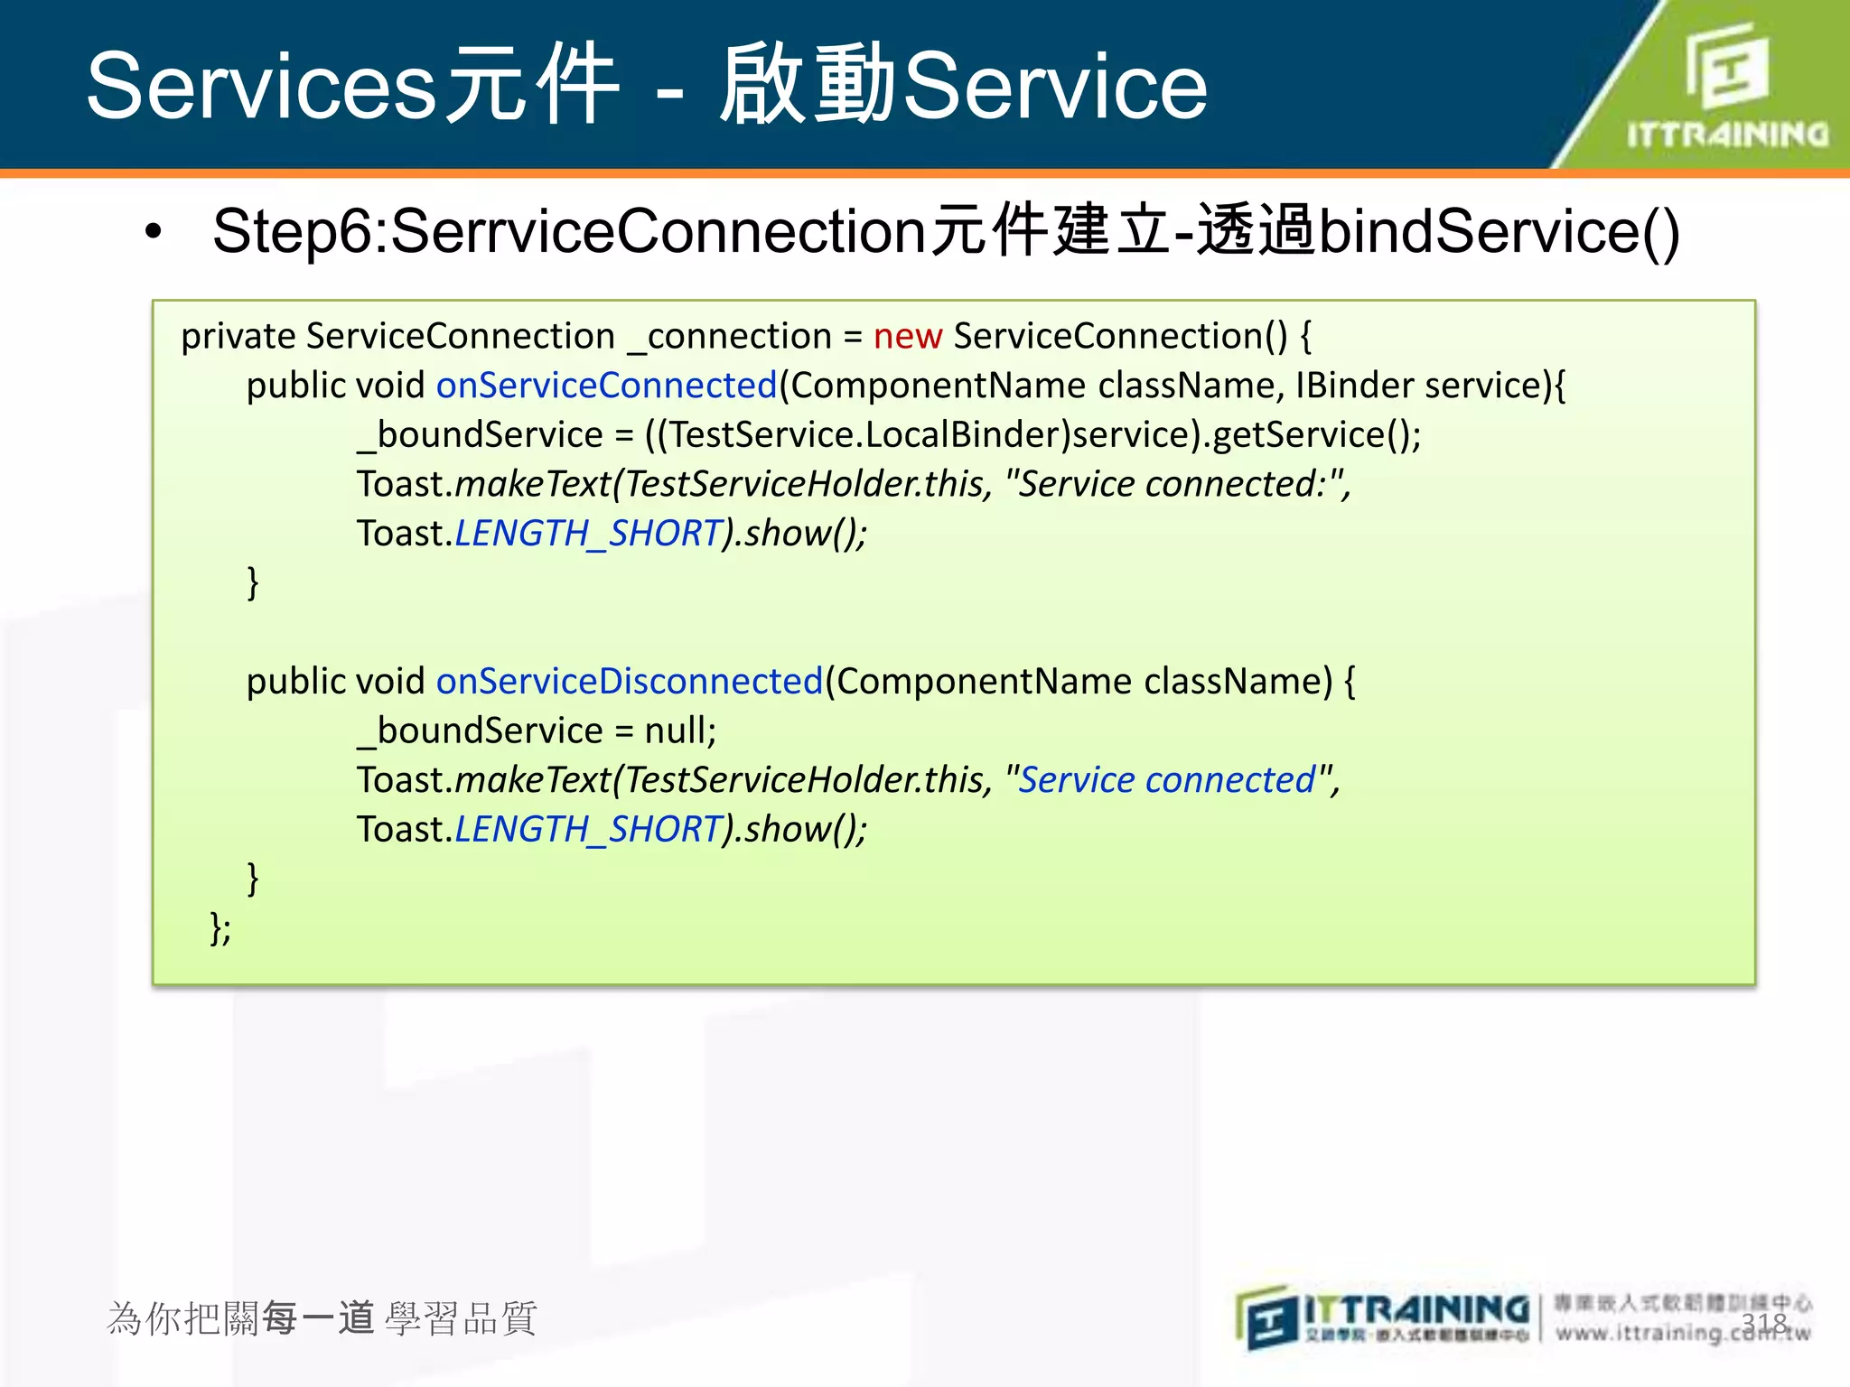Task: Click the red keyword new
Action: pos(907,337)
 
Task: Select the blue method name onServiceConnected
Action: pos(606,386)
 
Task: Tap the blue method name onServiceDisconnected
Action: pos(629,682)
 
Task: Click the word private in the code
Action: pos(238,337)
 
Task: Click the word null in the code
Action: pos(677,731)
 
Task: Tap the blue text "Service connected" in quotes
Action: pos(1166,780)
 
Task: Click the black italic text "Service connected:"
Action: pos(1175,485)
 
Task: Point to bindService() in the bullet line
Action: pos(1499,232)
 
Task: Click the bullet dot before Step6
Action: pos(154,232)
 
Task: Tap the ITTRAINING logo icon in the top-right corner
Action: pos(1726,65)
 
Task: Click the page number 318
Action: pos(1764,1324)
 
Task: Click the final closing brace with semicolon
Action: pos(220,927)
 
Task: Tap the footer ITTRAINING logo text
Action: pos(1416,1308)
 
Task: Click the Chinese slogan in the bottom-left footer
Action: pos(322,1319)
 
